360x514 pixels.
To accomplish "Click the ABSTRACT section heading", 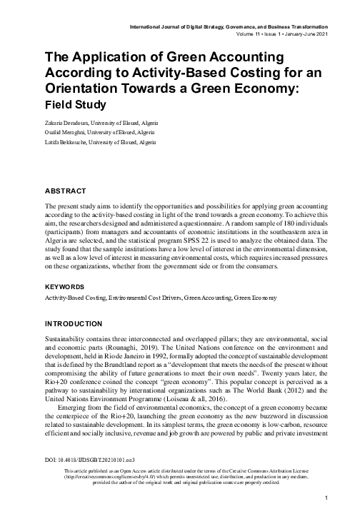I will (65, 191).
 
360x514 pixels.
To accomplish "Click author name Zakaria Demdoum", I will (71, 125).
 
